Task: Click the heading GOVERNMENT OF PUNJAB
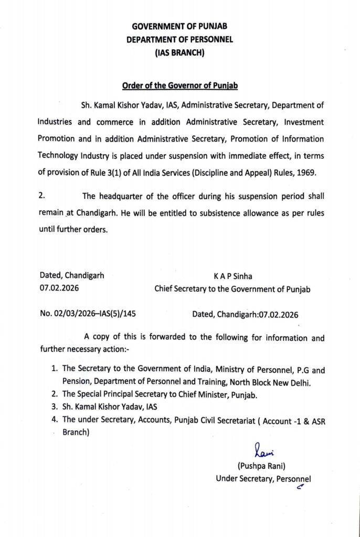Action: (x=179, y=26)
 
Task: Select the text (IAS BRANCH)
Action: (x=179, y=53)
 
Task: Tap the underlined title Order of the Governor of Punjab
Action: (x=180, y=85)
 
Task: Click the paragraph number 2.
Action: (x=42, y=196)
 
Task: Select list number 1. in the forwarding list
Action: (x=54, y=370)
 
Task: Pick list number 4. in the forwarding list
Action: (x=54, y=420)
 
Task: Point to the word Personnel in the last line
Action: (x=293, y=478)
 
